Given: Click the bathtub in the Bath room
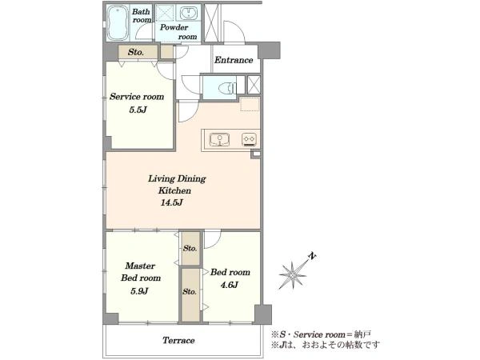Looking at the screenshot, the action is click(x=118, y=23).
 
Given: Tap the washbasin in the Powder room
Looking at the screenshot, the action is click(x=188, y=13).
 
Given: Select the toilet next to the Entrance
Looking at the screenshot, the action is click(x=227, y=88).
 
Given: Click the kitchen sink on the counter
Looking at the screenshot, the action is click(x=219, y=140).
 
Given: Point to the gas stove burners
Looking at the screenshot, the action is click(x=249, y=139).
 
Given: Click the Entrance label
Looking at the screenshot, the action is click(x=234, y=60).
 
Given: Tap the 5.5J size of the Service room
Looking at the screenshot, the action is click(x=138, y=110).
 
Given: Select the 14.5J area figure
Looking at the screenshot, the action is click(x=172, y=202).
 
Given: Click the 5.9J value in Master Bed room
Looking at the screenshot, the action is click(x=139, y=291).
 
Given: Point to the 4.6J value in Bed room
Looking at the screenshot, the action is click(x=230, y=285).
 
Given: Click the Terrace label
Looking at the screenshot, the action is click(x=178, y=340).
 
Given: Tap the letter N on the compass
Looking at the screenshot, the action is click(x=312, y=256).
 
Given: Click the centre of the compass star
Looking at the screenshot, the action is click(x=293, y=274).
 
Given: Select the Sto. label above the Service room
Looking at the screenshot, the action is click(x=136, y=52).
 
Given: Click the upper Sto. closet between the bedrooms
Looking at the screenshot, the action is click(x=190, y=248).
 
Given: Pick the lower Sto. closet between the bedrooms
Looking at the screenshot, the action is click(x=190, y=294).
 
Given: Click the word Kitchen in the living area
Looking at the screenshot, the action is click(x=174, y=190).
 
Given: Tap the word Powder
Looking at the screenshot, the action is click(x=174, y=27).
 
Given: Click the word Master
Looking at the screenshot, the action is click(x=140, y=266).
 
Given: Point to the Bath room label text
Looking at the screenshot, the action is click(x=142, y=16).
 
